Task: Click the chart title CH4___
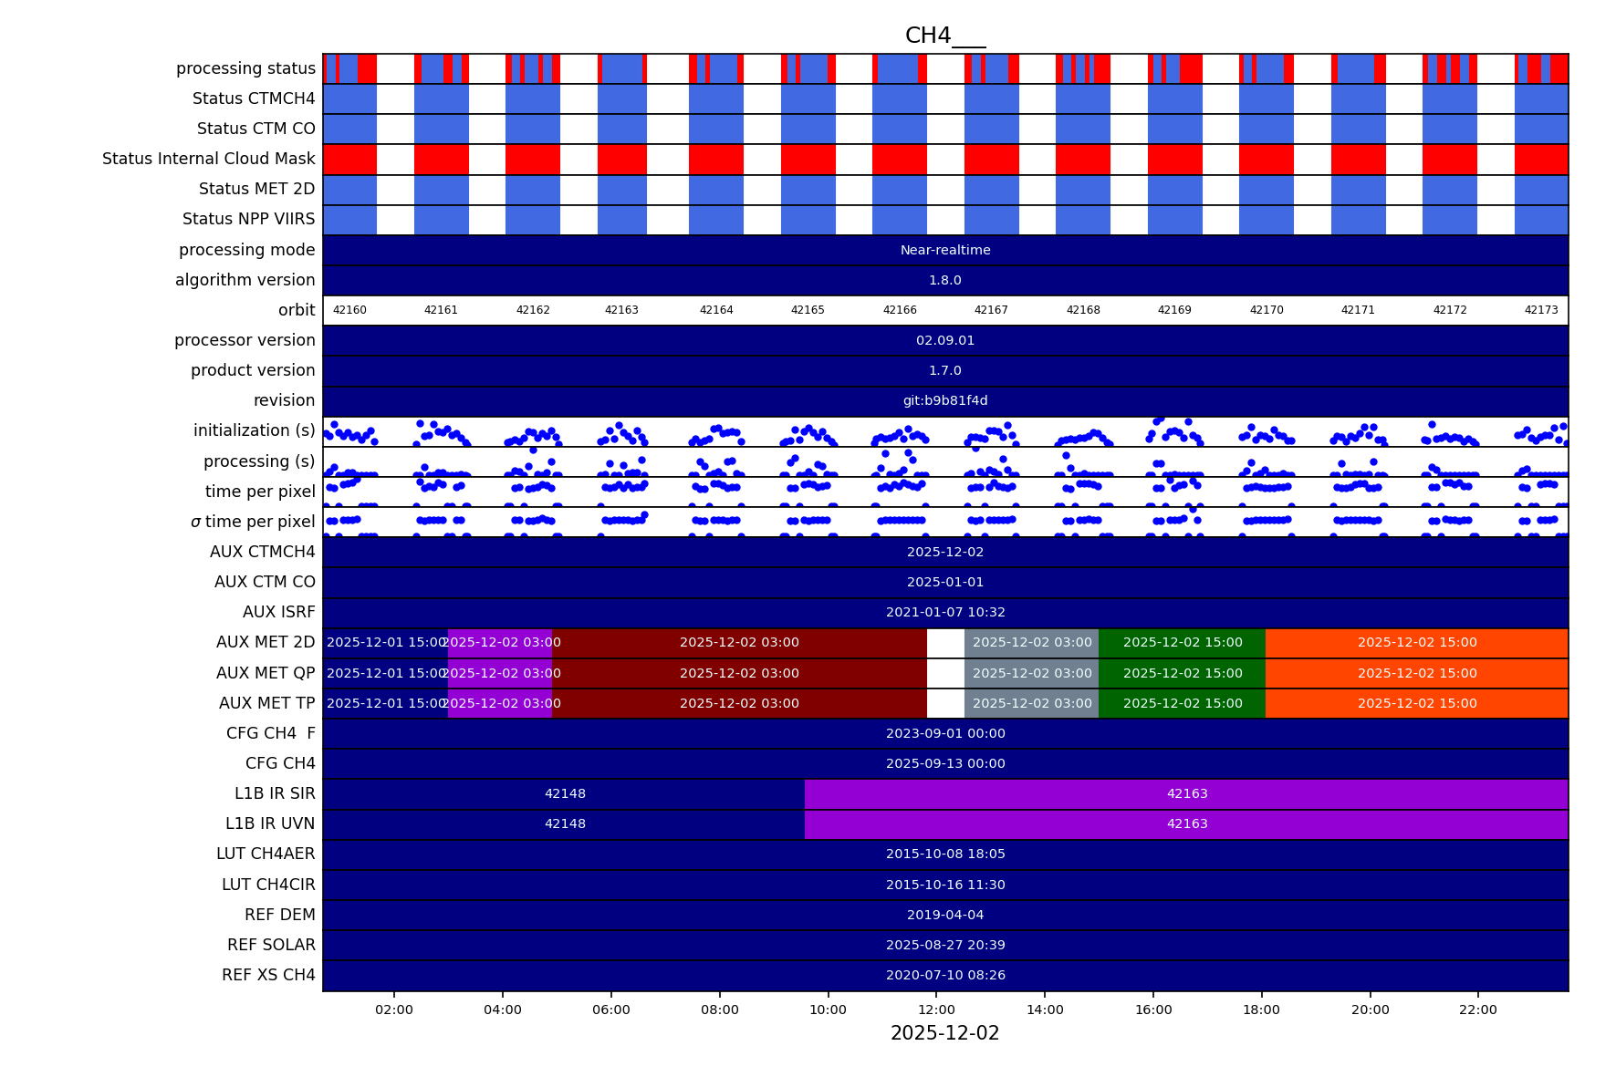point(944,36)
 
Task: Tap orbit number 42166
point(900,310)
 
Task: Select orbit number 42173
point(1541,310)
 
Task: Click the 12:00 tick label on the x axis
point(936,1010)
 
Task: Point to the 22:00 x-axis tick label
point(1477,1010)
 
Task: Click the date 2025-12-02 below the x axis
point(944,1033)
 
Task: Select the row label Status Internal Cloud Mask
point(208,159)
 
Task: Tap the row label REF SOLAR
point(271,945)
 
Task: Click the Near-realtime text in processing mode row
point(944,250)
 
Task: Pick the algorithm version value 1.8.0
point(944,280)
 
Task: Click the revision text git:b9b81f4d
point(944,400)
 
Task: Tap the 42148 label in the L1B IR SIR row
point(565,793)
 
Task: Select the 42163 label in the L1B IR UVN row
point(1186,823)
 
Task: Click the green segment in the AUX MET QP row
point(1182,673)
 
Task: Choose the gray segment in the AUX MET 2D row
point(1031,642)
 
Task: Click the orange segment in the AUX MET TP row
point(1416,703)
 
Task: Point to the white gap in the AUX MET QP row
point(945,673)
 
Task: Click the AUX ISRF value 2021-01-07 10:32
point(944,612)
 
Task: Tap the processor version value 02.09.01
point(944,340)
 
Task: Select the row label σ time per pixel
point(253,522)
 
